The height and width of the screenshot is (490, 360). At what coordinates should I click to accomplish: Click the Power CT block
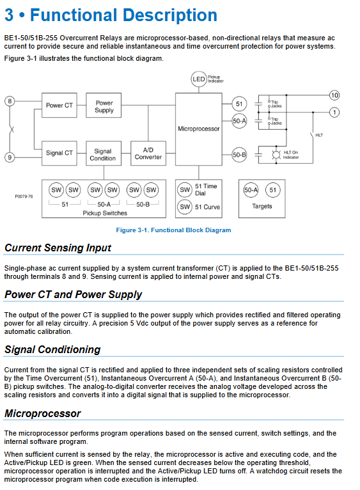point(59,106)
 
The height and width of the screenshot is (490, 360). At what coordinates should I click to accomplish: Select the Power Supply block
point(104,106)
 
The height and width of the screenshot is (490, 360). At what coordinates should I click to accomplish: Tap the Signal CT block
point(59,153)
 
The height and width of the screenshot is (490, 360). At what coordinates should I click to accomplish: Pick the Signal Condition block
point(104,153)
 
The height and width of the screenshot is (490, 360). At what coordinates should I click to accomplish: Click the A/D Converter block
point(148,153)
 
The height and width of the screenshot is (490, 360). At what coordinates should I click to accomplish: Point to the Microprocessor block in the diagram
point(199,129)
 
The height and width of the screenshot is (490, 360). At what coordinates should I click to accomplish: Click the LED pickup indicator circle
point(199,79)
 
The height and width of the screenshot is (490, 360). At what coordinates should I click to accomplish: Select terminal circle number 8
point(10,101)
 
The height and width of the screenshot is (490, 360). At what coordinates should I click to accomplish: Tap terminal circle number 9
point(10,157)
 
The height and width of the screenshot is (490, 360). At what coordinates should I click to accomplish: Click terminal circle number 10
point(334,95)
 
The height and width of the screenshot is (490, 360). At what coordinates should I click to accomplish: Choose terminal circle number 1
point(334,112)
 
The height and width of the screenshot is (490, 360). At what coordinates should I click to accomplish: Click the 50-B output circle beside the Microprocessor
point(239,155)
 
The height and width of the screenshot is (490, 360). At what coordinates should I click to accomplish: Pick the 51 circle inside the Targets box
point(273,190)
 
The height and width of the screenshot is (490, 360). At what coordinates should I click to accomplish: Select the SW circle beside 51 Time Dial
point(185,190)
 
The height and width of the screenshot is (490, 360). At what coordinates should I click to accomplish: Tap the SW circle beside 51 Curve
point(185,207)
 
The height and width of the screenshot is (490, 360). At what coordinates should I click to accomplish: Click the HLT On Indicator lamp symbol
point(276,155)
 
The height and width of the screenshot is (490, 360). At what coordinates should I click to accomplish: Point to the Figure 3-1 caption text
point(173,230)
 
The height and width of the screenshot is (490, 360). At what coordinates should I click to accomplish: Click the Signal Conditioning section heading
point(52,349)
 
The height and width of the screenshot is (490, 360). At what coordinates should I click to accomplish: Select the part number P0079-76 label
point(24,196)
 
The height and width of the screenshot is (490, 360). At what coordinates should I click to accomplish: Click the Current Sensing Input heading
point(58,248)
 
